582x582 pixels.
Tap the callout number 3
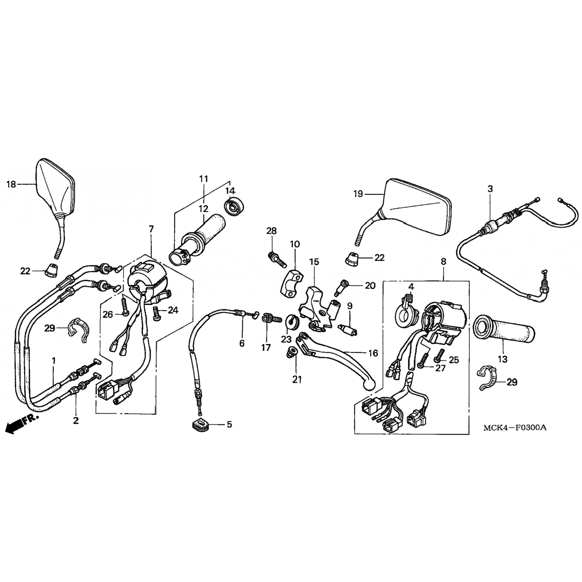(x=490, y=189)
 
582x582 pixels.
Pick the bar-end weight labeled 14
(x=233, y=206)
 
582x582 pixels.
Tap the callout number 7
(x=151, y=229)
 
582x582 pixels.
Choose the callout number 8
(x=443, y=262)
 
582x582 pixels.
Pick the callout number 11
(x=204, y=179)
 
